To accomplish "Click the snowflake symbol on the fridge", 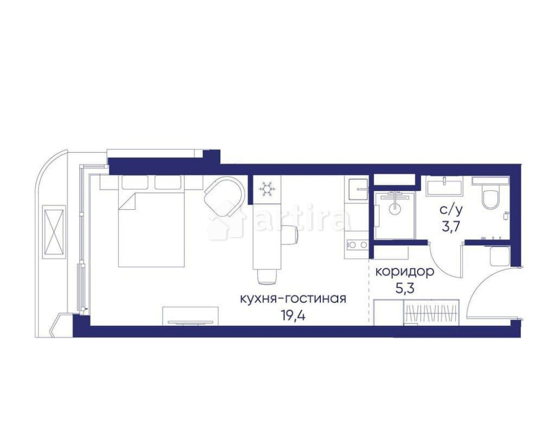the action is (266, 189).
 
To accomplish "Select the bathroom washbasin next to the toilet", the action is (445, 186).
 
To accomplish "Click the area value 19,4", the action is (294, 315).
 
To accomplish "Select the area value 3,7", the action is (450, 226).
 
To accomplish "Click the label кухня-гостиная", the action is (294, 298).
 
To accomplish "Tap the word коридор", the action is (405, 272).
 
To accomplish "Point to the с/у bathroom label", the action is (451, 210).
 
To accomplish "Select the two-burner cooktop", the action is (357, 245).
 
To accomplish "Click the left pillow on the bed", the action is (135, 182).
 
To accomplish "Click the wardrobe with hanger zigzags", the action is (431, 312).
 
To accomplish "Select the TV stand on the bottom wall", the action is (190, 316).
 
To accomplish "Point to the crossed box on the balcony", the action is (54, 231).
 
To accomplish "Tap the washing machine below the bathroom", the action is (499, 256).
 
